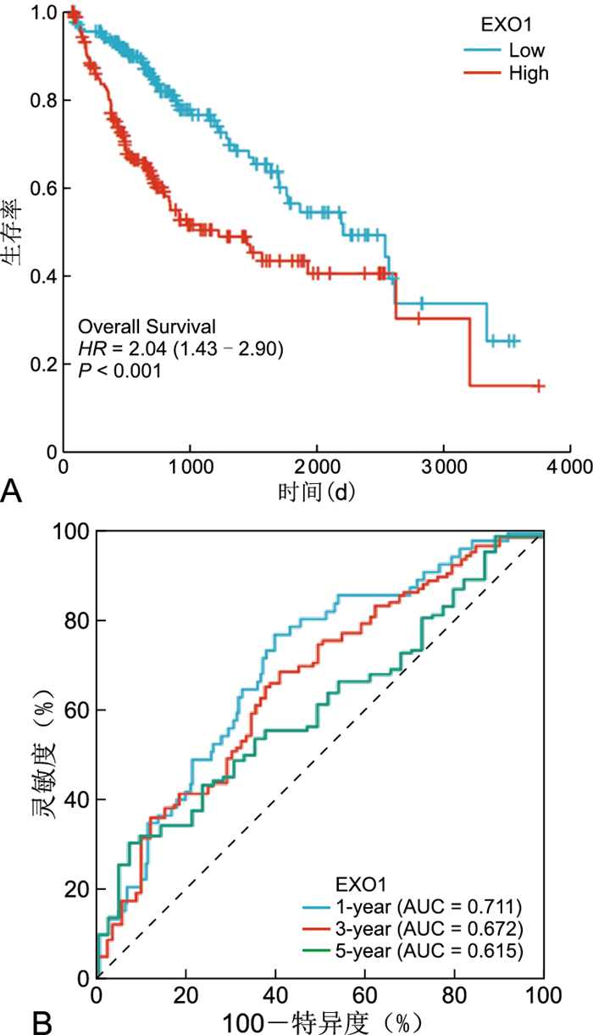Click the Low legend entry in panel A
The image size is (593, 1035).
(526, 50)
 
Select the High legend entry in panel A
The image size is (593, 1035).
(529, 73)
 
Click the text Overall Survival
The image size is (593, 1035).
(147, 326)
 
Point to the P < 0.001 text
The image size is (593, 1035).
(119, 369)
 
